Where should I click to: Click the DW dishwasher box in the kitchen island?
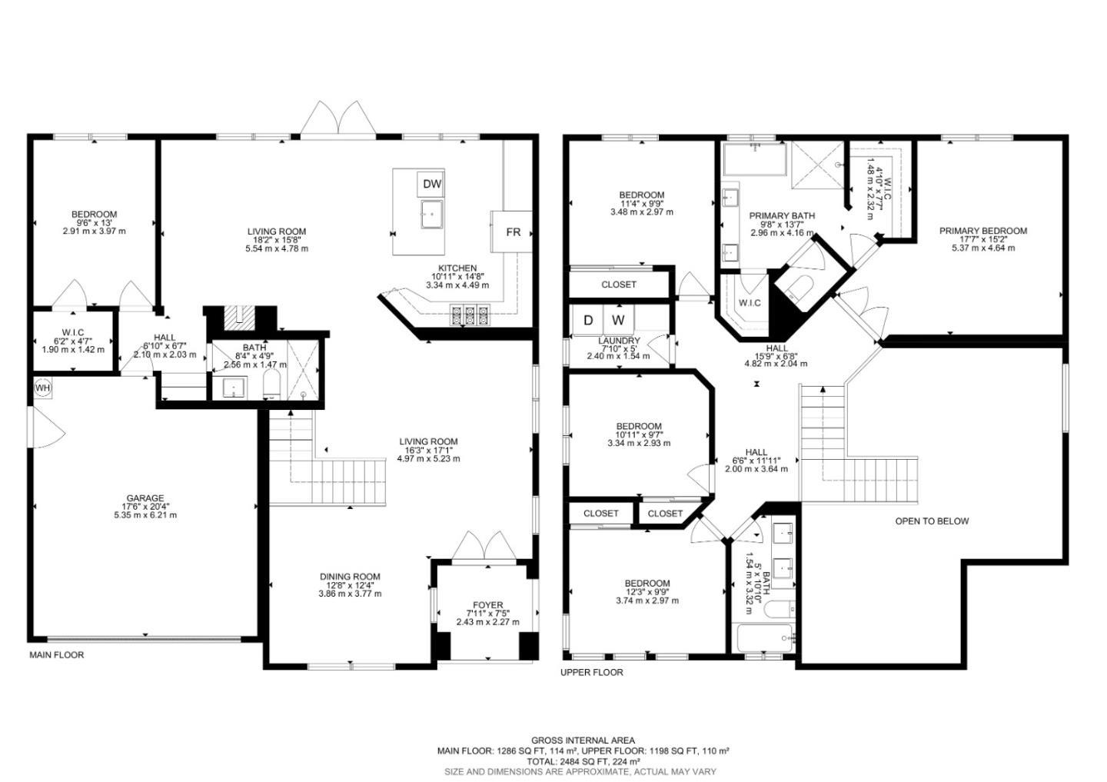coord(432,184)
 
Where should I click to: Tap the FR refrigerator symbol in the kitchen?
coord(512,231)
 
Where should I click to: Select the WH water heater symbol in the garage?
coord(42,388)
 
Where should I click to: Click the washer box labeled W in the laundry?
coord(619,319)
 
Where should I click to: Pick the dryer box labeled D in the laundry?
coord(588,319)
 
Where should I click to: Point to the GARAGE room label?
coord(145,498)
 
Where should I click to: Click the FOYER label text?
coord(488,605)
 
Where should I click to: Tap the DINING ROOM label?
coord(351,577)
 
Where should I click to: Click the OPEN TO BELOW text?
coord(932,521)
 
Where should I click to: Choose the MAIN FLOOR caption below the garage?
coord(57,655)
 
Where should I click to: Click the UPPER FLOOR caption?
coord(592,672)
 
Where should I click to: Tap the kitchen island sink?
coord(432,215)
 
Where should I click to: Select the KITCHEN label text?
coord(457,268)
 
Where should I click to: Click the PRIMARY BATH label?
coord(782,216)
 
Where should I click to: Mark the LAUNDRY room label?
coord(619,341)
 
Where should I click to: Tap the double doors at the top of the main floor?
coord(338,120)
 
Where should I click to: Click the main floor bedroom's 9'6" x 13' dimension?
coord(94,223)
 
